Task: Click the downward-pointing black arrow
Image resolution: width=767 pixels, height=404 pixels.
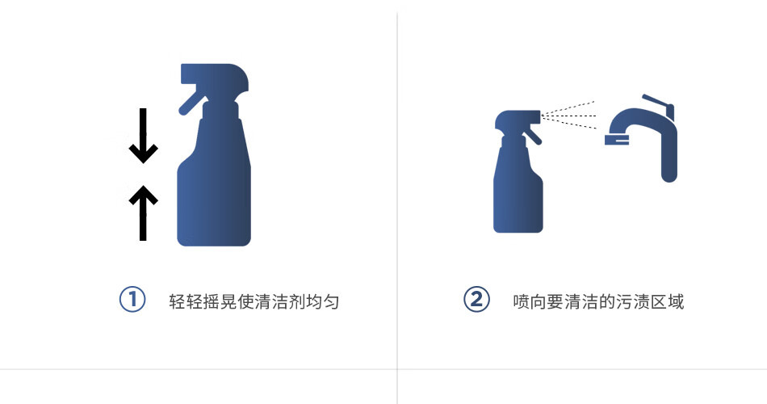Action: pyautogui.click(x=143, y=136)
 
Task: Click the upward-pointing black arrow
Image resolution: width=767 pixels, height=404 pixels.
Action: pyautogui.click(x=143, y=213)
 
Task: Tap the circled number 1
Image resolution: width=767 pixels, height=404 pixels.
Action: pyautogui.click(x=132, y=299)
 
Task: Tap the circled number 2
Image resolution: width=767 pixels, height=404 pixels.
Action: pyautogui.click(x=476, y=299)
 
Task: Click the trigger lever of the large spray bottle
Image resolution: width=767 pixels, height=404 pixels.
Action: pyautogui.click(x=192, y=101)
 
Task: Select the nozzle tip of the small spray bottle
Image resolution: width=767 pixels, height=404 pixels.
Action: pyautogui.click(x=538, y=116)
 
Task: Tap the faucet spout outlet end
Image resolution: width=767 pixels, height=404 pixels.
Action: pyautogui.click(x=617, y=140)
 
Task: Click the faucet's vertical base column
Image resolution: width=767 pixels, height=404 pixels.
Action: pyautogui.click(x=669, y=157)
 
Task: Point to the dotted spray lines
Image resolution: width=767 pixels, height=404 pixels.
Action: pyautogui.click(x=568, y=116)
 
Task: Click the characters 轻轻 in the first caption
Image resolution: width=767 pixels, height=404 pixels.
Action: pyautogui.click(x=186, y=301)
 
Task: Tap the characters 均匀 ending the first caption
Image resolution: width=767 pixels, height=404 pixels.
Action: pyautogui.click(x=323, y=301)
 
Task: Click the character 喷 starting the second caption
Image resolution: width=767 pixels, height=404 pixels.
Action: pyautogui.click(x=522, y=301)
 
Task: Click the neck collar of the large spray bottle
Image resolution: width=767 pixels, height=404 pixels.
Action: pyautogui.click(x=220, y=110)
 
